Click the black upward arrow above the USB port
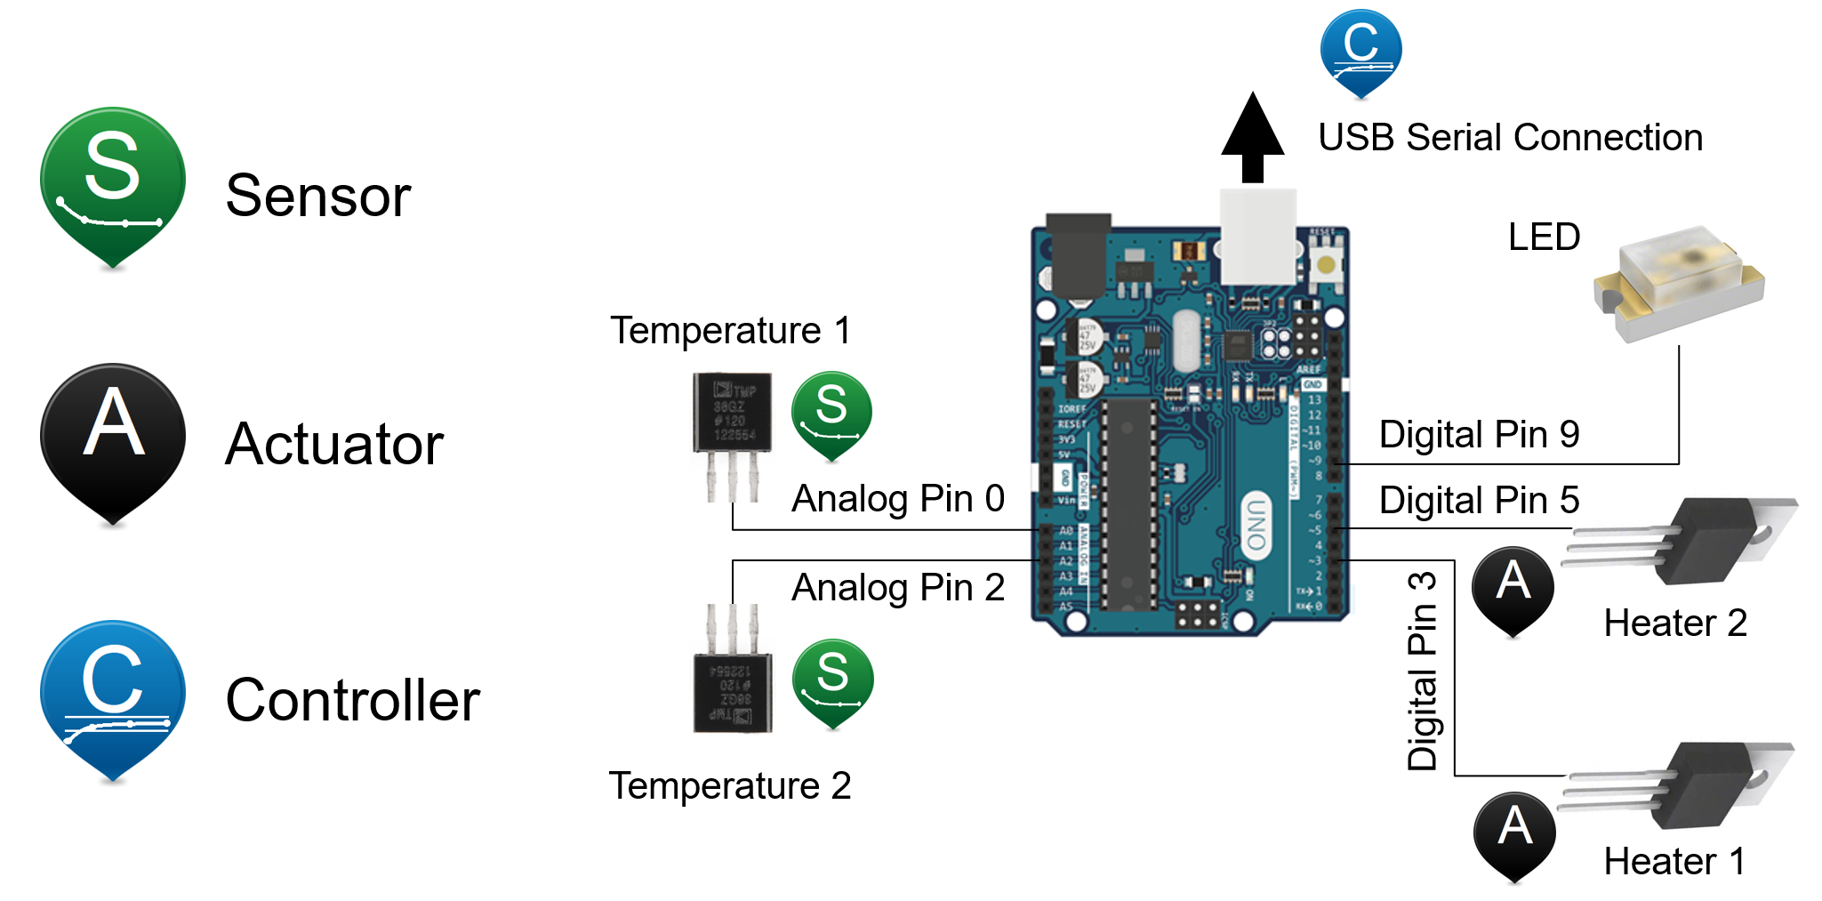tap(1252, 138)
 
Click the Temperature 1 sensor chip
tap(732, 414)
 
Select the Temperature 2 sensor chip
tap(732, 692)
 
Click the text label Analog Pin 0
tap(898, 499)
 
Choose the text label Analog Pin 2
tap(898, 588)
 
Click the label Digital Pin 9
tap(1479, 435)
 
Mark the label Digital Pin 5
tap(1479, 501)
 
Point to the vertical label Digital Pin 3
tap(1423, 672)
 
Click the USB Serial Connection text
tap(1510, 138)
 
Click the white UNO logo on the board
tap(1256, 525)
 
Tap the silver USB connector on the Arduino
tap(1257, 237)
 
